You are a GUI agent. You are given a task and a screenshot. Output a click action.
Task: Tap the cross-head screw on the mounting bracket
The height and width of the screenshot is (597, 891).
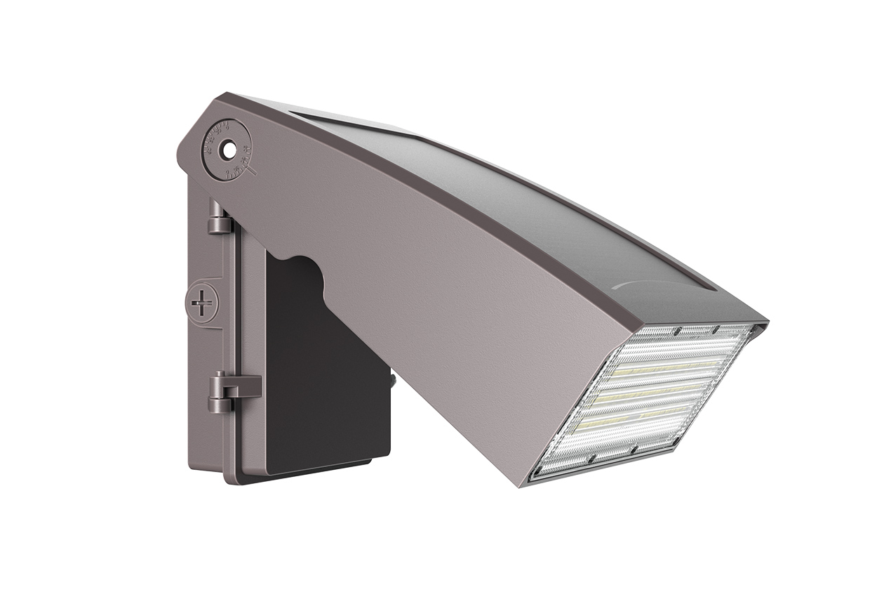point(203,304)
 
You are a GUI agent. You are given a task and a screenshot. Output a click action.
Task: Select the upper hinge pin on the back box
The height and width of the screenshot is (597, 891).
point(219,218)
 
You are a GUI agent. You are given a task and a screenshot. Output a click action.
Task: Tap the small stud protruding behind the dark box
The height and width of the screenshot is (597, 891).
point(393,381)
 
